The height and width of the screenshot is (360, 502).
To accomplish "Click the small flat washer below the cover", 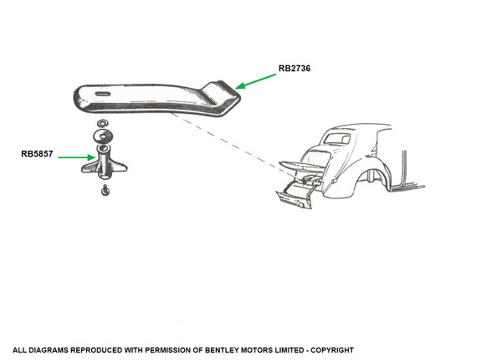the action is (x=102, y=125).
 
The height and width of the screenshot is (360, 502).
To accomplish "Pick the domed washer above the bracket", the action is (x=103, y=136).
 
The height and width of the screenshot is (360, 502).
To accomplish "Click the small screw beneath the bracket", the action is (x=104, y=192).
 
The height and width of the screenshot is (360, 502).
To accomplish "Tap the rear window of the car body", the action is (x=338, y=139).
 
